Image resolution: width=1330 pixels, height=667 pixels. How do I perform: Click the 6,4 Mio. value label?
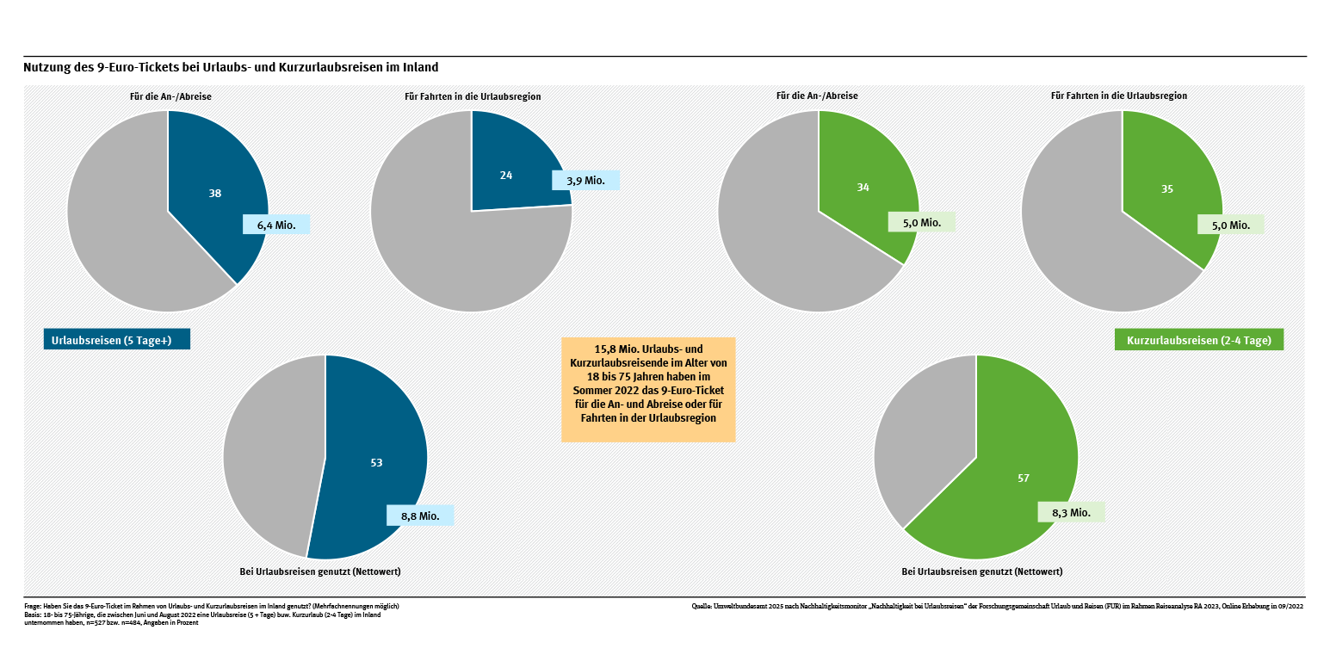point(276,225)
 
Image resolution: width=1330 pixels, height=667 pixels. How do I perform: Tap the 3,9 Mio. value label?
point(585,180)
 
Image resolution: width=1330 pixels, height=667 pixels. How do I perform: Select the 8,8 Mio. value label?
point(420,516)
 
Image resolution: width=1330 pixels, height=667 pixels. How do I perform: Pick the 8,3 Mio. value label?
point(1071,512)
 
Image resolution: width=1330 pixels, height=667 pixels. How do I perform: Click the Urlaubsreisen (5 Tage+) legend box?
point(116,340)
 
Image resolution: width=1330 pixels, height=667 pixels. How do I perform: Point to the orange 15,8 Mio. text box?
point(648,390)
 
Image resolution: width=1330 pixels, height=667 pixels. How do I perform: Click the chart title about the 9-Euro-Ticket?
point(231,67)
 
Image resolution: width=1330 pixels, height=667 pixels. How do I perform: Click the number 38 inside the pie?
point(215,194)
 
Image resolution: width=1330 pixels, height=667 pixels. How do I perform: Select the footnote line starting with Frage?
point(212,606)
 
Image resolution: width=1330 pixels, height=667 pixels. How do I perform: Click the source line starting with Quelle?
point(998,606)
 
